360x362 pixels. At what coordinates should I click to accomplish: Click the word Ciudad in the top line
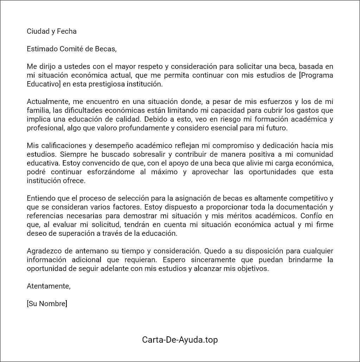pyautogui.click(x=38, y=31)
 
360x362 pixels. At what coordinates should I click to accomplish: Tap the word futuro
pyautogui.click(x=277, y=128)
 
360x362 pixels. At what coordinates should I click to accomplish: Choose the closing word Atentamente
pyautogui.click(x=49, y=286)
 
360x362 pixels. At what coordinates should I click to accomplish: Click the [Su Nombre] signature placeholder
pyautogui.click(x=47, y=304)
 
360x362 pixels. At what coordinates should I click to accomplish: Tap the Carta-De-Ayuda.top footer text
pyautogui.click(x=180, y=340)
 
